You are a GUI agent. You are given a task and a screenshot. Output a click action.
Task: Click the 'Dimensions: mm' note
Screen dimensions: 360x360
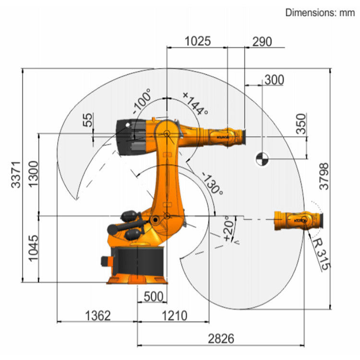coord(320,13)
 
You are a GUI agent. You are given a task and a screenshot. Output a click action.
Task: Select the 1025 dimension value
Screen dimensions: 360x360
coord(197,41)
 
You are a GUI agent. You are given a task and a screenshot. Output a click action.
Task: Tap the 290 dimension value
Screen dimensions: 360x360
coord(262,42)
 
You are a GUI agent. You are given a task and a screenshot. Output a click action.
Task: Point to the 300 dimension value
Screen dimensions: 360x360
coord(274,80)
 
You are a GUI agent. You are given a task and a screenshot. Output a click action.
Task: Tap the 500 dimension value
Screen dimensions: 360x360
coord(153,297)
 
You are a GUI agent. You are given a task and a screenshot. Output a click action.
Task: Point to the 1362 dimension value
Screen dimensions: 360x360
coord(98,315)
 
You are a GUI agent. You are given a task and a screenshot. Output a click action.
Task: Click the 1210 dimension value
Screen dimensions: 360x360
coord(174,315)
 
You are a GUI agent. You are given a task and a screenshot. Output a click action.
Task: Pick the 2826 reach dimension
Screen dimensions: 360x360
coord(221,338)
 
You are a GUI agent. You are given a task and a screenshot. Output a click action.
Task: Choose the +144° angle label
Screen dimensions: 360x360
coord(195,103)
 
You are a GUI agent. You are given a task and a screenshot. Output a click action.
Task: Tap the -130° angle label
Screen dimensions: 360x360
coord(213,184)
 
